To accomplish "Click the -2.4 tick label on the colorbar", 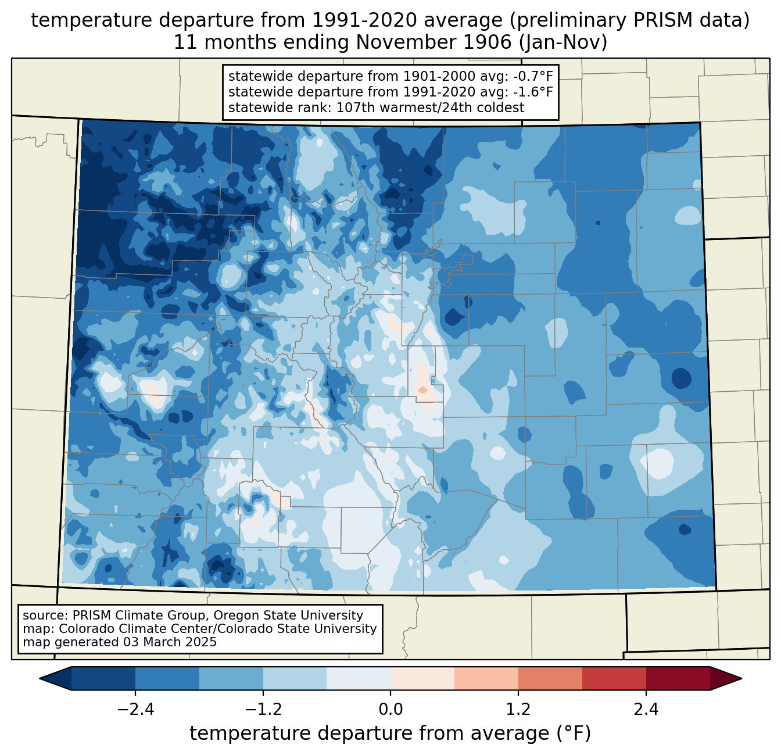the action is [135, 710].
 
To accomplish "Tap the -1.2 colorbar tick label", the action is [263, 710].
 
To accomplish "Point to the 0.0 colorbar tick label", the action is [390, 710].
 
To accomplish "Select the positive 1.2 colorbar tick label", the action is [518, 710].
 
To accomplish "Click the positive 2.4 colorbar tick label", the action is [646, 710].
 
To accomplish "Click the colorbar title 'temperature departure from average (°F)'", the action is [390, 733].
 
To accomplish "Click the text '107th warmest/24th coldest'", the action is [430, 108].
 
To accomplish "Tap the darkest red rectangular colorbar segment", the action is [678, 679].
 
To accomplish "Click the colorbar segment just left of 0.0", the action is [359, 679].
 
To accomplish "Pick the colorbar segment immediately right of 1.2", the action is [550, 679].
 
